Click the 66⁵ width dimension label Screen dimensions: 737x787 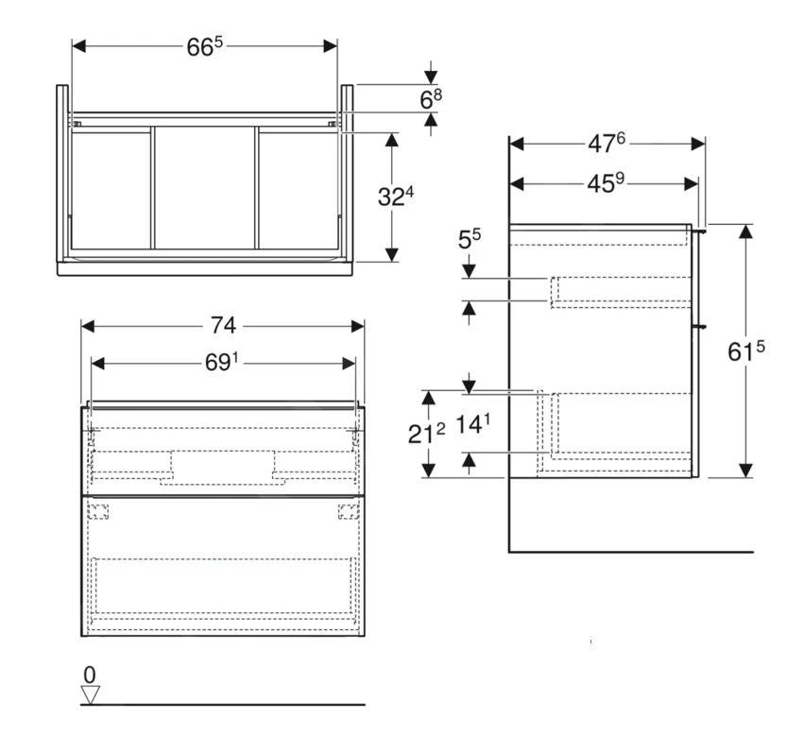pos(204,46)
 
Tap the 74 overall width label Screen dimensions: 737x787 pos(223,325)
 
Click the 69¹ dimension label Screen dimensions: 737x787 pos(222,362)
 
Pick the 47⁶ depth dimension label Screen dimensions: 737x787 pos(607,143)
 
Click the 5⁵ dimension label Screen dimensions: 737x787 pos(470,240)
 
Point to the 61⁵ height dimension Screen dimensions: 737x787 pos(745,351)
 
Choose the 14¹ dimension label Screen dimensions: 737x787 pos(473,424)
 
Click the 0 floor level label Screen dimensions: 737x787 pos(90,675)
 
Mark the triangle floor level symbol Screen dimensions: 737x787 pos(90,694)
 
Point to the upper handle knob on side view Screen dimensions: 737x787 pos(703,229)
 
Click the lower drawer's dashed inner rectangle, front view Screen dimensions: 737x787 pos(223,586)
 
